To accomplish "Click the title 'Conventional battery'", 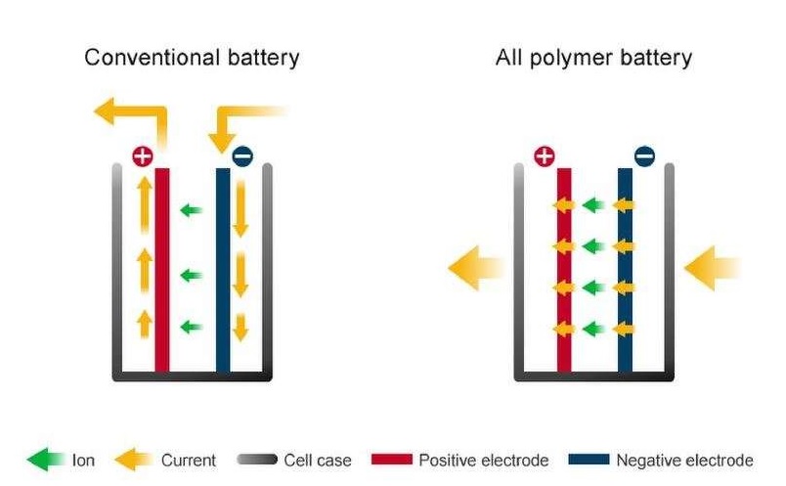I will [192, 57].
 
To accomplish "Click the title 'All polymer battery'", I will [593, 57].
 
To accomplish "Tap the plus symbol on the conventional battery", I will [143, 155].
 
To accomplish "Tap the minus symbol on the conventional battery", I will [241, 155].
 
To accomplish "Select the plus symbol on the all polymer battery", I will [546, 155].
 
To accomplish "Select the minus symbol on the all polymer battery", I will [644, 155].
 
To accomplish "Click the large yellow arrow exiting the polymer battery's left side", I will [475, 267].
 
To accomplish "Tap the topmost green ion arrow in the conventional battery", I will [192, 209].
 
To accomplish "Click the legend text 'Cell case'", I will [317, 460].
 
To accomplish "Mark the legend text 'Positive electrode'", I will [483, 460].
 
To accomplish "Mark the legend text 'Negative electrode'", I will [683, 460].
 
